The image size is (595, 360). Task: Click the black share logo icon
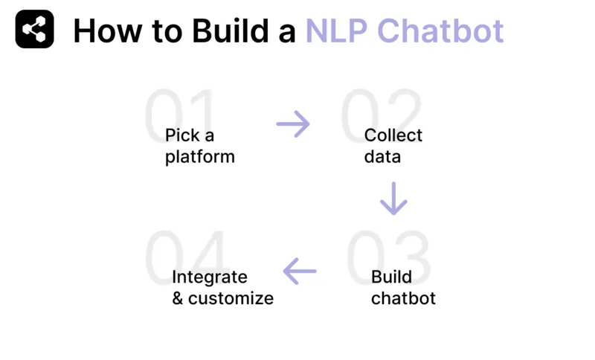pos(34,30)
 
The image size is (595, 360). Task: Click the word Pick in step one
pos(180,135)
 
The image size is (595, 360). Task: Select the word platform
pos(200,157)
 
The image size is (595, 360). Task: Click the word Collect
pos(393,135)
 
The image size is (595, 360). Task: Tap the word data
pos(382,157)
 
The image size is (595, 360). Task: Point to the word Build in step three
pos(391,277)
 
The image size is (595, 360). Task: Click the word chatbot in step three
pos(403,298)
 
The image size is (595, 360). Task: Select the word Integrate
pos(209,277)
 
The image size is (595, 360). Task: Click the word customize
pos(231,298)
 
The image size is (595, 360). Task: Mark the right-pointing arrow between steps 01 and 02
pos(293,124)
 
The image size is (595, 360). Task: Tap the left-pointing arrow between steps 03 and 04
pos(300,271)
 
